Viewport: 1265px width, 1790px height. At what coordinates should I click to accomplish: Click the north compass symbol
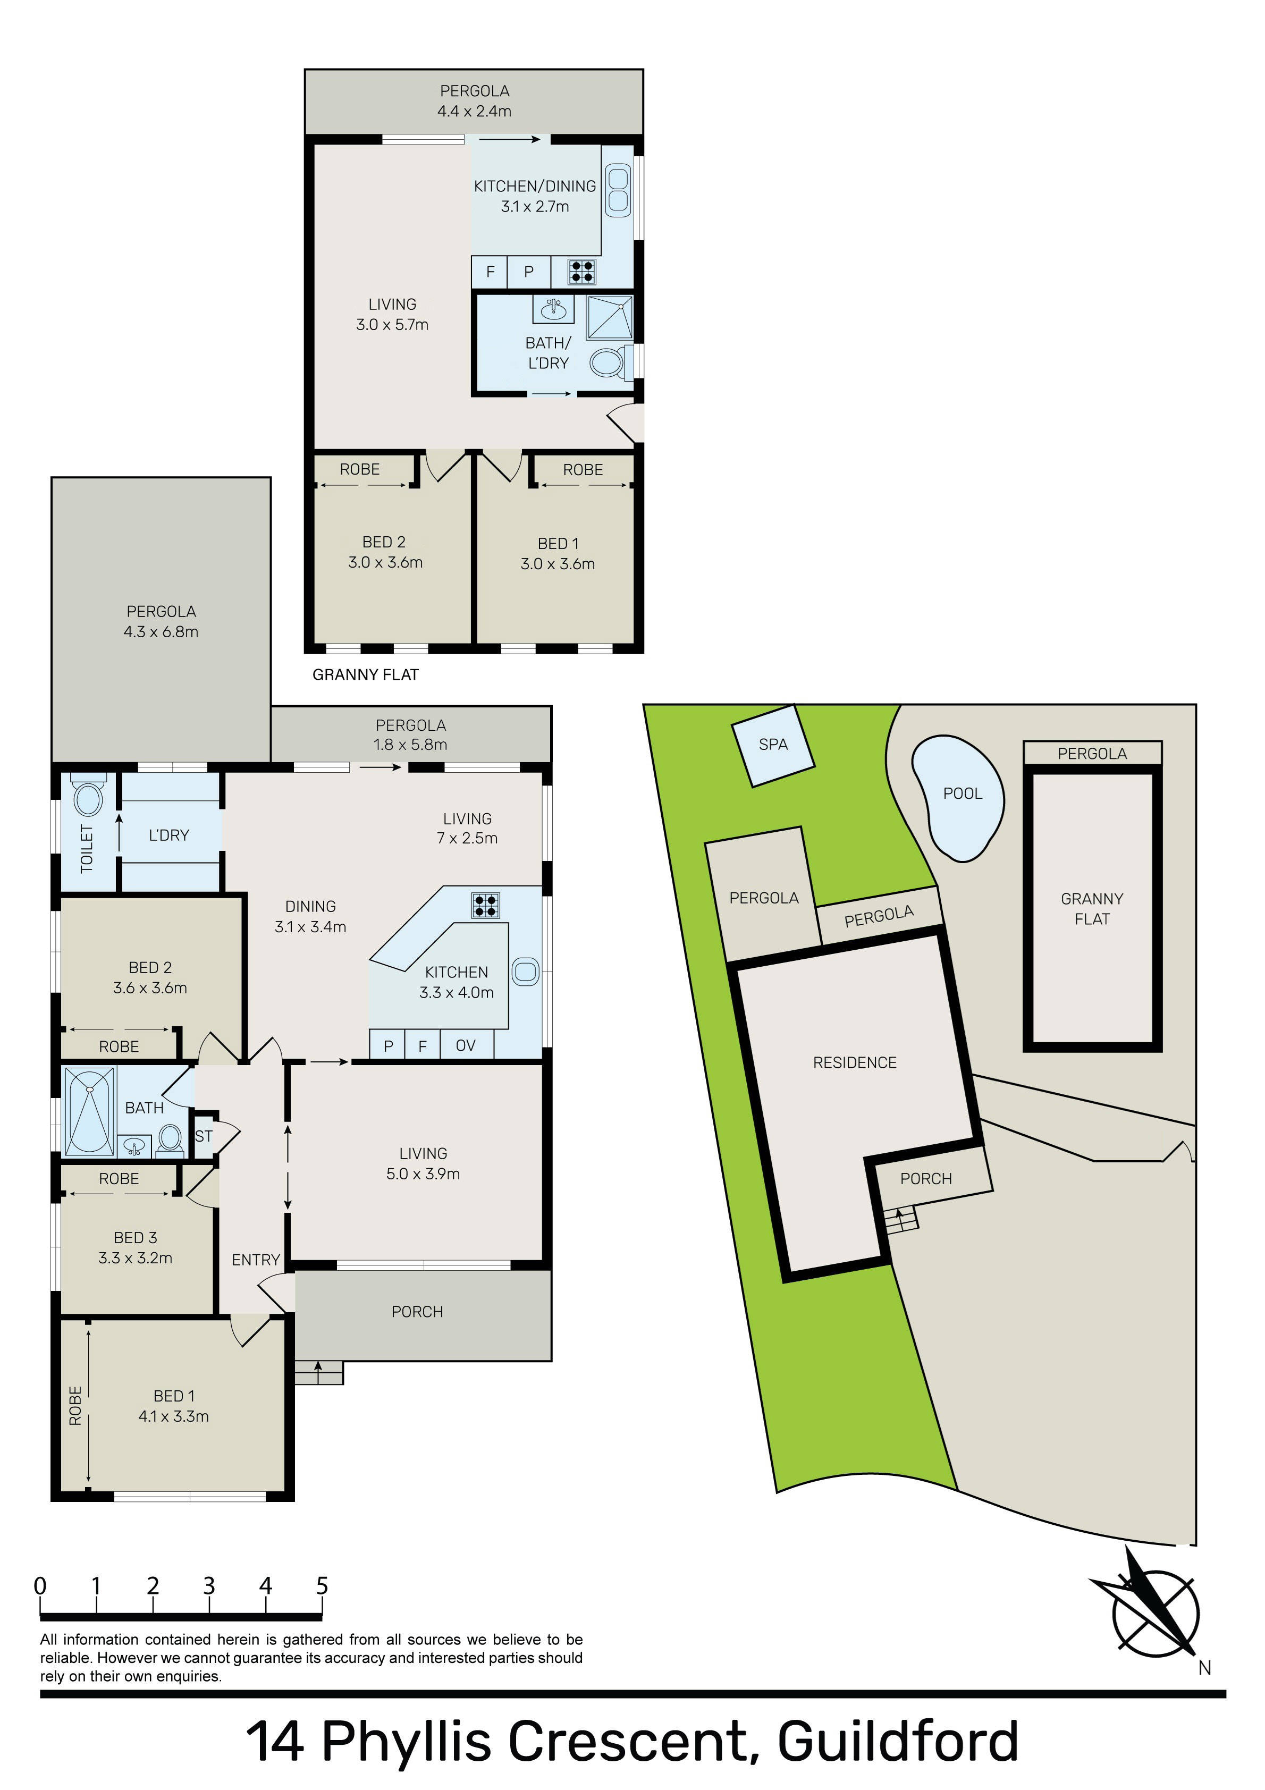point(1153,1613)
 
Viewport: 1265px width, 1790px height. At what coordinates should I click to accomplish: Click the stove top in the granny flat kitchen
point(582,271)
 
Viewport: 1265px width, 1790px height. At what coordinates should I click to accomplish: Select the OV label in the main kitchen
point(466,1045)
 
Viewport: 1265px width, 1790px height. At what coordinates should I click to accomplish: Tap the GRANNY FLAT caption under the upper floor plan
point(365,675)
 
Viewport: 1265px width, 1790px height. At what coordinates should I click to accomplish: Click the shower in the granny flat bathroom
point(610,317)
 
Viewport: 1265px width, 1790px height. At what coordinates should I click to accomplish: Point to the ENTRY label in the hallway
point(256,1260)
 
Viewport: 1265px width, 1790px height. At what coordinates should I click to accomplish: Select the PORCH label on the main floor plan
point(417,1312)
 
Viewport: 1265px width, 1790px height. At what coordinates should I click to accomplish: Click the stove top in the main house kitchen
point(485,905)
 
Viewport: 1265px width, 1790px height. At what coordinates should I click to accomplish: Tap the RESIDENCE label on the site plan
point(855,1062)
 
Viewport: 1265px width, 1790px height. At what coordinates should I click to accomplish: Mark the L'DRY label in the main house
point(168,836)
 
